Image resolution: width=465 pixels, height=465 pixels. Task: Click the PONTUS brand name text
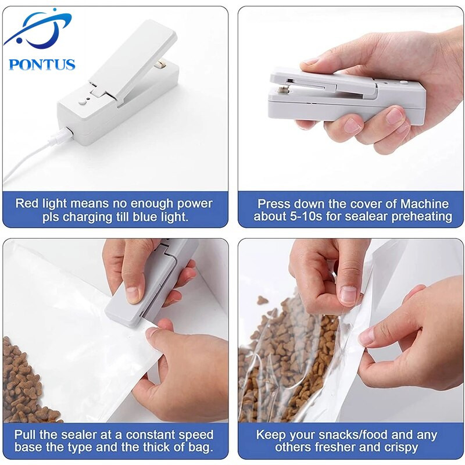42,63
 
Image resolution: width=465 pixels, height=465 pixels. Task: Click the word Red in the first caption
27,204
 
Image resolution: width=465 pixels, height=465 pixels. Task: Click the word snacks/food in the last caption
341,435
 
